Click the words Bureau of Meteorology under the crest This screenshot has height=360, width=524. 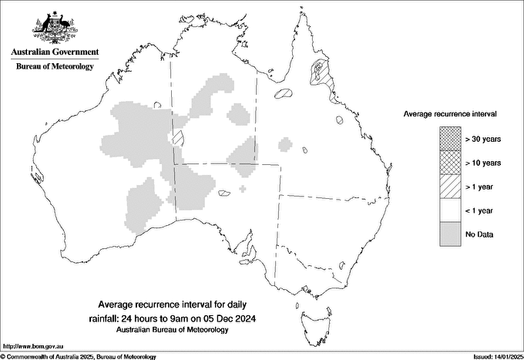point(55,67)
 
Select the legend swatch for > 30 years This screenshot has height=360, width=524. point(450,138)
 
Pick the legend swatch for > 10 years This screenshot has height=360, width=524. point(450,162)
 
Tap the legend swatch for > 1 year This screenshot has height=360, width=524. point(450,186)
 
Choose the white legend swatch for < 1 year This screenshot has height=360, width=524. point(450,210)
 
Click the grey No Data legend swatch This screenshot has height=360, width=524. point(450,234)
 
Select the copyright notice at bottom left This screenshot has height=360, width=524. point(79,356)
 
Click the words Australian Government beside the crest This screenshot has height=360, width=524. point(55,52)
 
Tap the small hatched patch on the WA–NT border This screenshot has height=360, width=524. point(178,138)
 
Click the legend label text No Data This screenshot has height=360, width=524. point(479,234)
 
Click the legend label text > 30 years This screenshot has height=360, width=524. point(482,138)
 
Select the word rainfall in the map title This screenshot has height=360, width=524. point(105,318)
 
